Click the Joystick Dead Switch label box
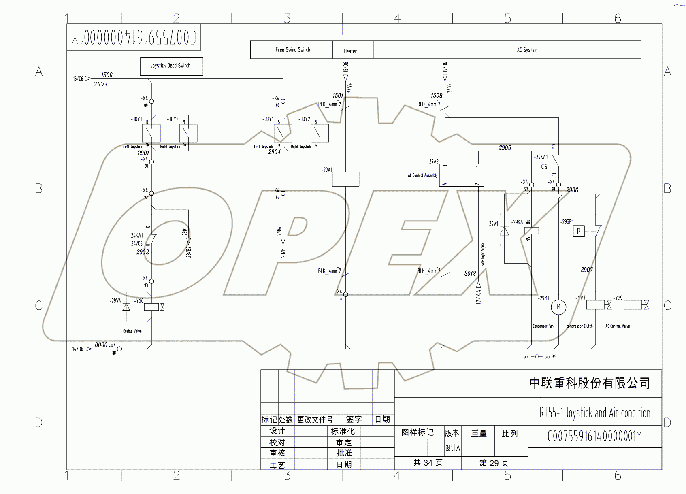point(171,66)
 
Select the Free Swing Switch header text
point(292,50)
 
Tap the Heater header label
point(350,51)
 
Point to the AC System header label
point(527,50)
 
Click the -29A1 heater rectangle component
point(345,179)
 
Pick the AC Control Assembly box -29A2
point(461,175)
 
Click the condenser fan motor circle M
point(558,307)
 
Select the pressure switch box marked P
point(579,231)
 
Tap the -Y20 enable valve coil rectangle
point(151,307)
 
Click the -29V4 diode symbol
point(126,307)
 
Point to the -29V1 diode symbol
point(504,231)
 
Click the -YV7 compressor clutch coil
point(595,304)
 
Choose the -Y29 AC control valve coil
point(633,304)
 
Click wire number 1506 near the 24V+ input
point(107,75)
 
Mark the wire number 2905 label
point(505,148)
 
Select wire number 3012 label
point(470,273)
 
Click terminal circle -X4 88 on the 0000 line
point(119,349)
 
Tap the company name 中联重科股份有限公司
point(590,383)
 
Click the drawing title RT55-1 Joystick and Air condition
point(594,413)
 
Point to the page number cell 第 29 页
point(494,463)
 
